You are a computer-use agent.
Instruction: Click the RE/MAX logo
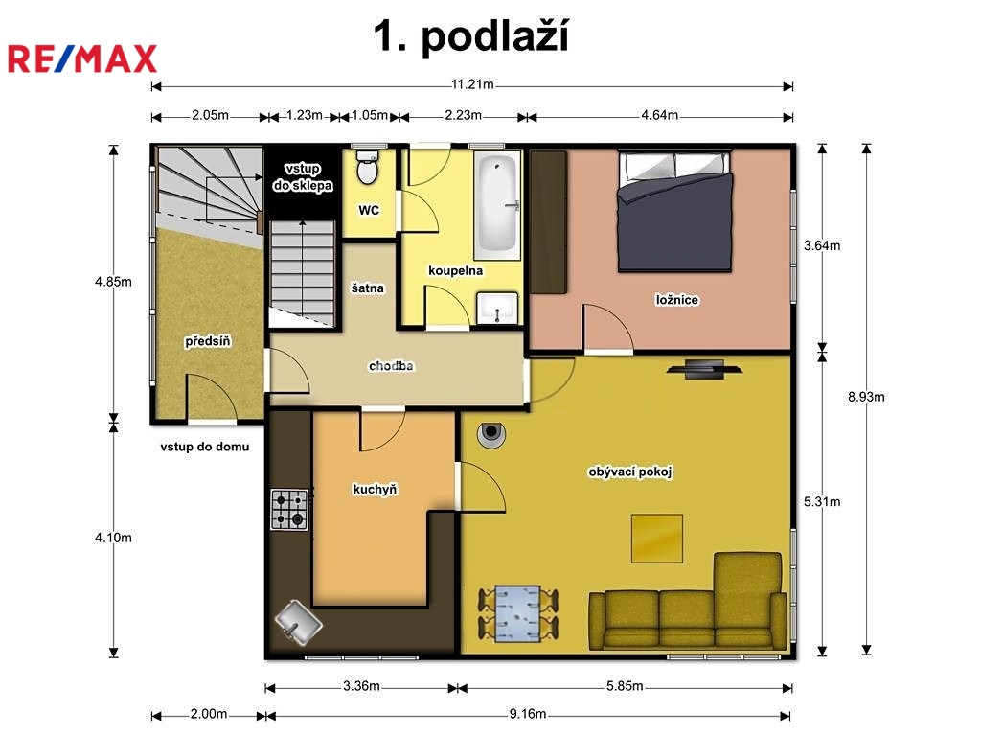point(82,58)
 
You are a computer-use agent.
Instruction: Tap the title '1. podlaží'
point(471,35)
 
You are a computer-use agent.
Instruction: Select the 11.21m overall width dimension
point(472,84)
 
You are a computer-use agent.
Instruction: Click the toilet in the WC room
point(367,167)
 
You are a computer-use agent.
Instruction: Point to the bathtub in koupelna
point(497,206)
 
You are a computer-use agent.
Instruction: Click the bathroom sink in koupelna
point(497,308)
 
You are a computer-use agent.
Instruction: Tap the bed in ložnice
point(674,210)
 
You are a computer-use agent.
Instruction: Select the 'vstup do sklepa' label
point(303,177)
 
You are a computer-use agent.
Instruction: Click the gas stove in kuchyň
point(289,510)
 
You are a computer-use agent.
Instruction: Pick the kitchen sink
point(299,622)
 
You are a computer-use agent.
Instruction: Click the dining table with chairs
point(517,614)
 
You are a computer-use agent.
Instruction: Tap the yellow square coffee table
point(656,539)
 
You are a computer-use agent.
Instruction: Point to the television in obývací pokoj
point(704,369)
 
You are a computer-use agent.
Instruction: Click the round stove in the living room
point(491,433)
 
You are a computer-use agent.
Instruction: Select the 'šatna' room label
point(367,288)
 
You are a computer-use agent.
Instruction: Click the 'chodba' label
point(391,366)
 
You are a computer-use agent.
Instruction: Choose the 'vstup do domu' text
point(205,447)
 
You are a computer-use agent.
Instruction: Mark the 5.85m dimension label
point(625,686)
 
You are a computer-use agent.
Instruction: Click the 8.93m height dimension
point(866,397)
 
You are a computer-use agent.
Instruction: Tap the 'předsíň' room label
point(208,341)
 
